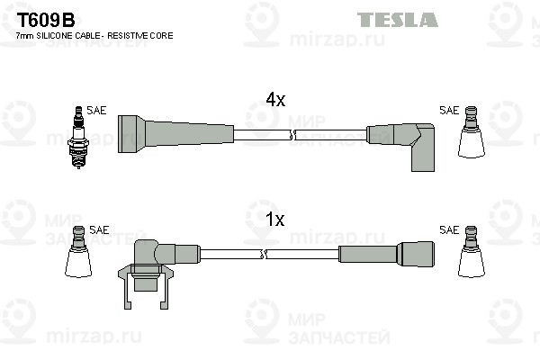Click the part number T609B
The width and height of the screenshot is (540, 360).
coord(46,21)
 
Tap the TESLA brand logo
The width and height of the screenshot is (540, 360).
coord(398,20)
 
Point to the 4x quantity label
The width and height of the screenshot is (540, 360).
coord(275,100)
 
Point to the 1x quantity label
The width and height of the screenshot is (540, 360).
coord(275,219)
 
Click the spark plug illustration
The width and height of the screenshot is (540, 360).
coord(78,137)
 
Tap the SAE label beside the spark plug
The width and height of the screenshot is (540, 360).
coord(96,110)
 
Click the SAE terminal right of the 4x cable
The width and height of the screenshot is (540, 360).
coord(472,132)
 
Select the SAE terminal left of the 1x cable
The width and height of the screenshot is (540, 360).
coord(78,251)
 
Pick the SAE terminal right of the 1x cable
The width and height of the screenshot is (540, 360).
coord(472,251)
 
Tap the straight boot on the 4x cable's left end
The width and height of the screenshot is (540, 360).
coord(176,134)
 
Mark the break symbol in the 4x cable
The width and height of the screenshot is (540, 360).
coord(292,135)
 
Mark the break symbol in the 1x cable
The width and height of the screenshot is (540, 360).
coord(264,254)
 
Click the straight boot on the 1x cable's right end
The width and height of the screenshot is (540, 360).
coord(386,254)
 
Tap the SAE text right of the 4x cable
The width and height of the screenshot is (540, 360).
coord(449,110)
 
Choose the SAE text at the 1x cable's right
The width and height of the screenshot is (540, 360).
coord(449,229)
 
